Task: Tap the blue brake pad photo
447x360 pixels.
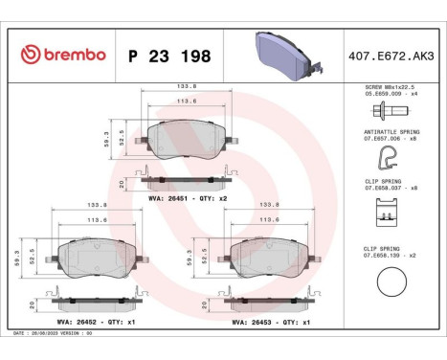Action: coord(284,56)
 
